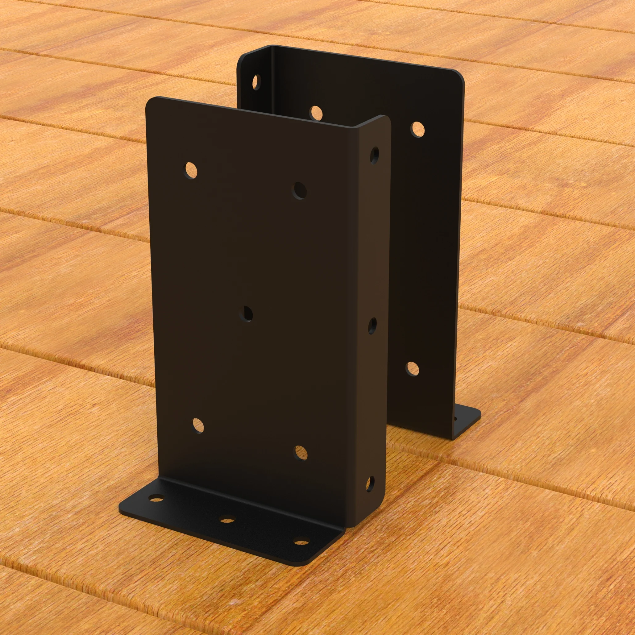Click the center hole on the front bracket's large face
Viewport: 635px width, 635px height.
(246, 314)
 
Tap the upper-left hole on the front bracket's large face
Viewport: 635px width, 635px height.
(191, 170)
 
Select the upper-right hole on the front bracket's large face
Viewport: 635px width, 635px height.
(299, 191)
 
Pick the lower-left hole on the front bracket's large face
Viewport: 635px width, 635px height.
(198, 425)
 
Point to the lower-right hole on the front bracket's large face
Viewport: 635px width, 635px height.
(301, 453)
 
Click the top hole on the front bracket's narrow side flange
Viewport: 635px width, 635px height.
(374, 156)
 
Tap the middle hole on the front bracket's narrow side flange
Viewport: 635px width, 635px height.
(372, 326)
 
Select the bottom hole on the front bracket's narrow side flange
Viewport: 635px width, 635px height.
(370, 484)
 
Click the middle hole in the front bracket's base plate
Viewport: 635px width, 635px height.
(227, 520)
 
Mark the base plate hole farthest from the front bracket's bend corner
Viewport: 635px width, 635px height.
(157, 498)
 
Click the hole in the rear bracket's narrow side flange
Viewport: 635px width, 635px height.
(256, 82)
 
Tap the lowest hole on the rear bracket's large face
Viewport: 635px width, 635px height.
(412, 369)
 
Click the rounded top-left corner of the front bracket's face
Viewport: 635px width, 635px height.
(151, 102)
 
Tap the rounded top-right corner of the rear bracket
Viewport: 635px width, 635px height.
(459, 75)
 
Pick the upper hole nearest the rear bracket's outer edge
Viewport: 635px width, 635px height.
(417, 129)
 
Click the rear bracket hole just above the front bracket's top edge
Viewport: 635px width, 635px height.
(316, 113)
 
